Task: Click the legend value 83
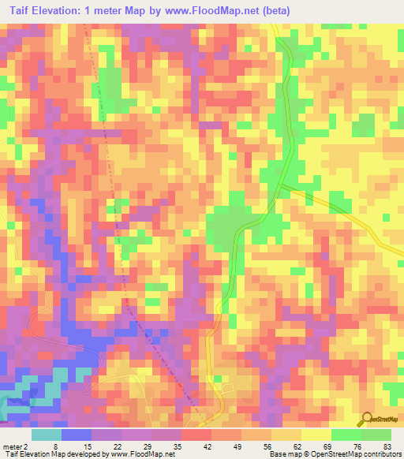pyautogui.click(x=387, y=446)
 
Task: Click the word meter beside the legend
pyautogui.click(x=10, y=446)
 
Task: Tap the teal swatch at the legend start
pyautogui.click(x=47, y=435)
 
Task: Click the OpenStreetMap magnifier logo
pyautogui.click(x=367, y=419)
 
